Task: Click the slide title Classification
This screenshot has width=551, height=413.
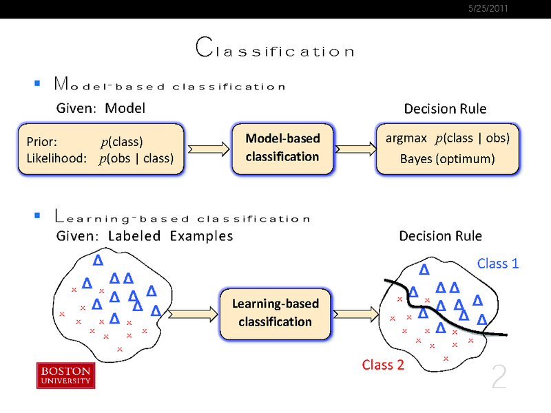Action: pyautogui.click(x=275, y=49)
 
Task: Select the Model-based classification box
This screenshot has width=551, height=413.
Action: pyautogui.click(x=282, y=147)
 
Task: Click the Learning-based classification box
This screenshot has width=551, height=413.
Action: pyautogui.click(x=275, y=313)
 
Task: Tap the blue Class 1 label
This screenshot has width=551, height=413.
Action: pyautogui.click(x=497, y=263)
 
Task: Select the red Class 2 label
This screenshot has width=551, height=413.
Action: pyautogui.click(x=383, y=365)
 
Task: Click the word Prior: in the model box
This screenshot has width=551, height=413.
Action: pyautogui.click(x=41, y=142)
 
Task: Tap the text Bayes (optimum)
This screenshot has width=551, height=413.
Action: pyautogui.click(x=447, y=159)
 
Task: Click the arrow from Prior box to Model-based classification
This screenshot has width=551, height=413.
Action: pyautogui.click(x=207, y=147)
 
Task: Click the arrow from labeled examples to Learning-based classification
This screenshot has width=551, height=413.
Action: pyautogui.click(x=190, y=314)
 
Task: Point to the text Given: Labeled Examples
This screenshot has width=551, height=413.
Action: pyautogui.click(x=144, y=236)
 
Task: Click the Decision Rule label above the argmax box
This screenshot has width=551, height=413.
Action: pyautogui.click(x=445, y=109)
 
